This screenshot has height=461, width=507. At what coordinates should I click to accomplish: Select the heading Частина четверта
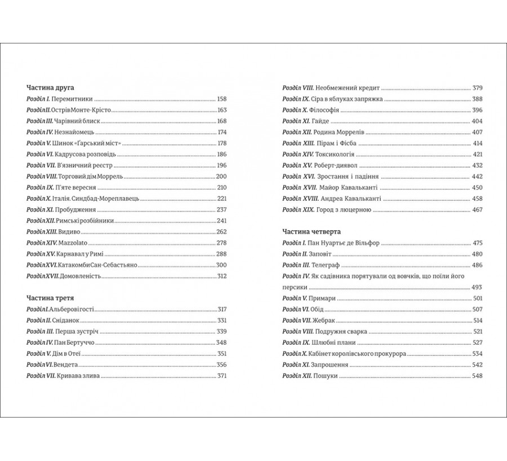point(312,231)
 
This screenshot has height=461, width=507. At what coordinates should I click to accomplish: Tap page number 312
point(221,276)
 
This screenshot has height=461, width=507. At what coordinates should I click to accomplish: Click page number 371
point(221,376)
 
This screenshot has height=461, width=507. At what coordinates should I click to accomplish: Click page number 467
point(478,209)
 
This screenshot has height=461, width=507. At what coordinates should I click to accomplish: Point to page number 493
point(478,287)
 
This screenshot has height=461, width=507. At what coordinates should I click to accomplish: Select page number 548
point(478,375)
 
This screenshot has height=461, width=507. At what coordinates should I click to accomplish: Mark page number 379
point(478,88)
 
